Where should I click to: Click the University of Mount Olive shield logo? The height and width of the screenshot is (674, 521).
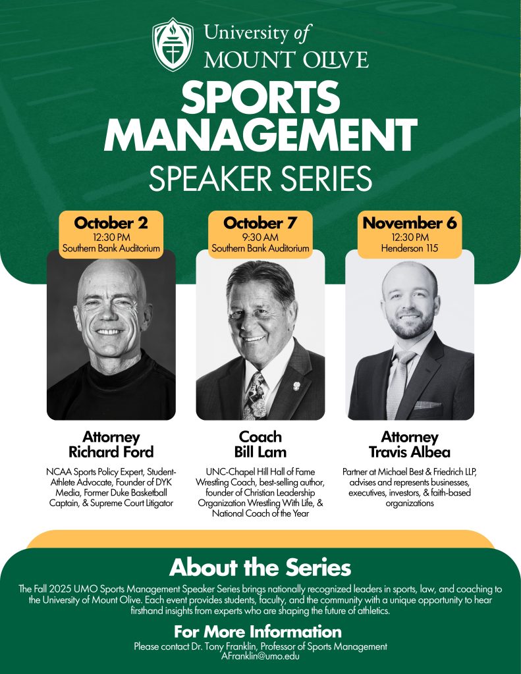pyautogui.click(x=173, y=44)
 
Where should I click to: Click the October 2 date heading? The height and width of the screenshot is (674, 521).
pyautogui.click(x=111, y=222)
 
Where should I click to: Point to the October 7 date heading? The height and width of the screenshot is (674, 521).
pyautogui.click(x=260, y=222)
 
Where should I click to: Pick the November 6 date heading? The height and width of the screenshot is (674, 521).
pyautogui.click(x=410, y=222)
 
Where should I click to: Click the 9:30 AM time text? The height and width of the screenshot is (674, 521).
pyautogui.click(x=260, y=237)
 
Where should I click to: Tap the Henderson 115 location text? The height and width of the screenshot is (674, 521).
pyautogui.click(x=410, y=248)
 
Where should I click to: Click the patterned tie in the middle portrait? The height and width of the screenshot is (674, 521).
pyautogui.click(x=255, y=396)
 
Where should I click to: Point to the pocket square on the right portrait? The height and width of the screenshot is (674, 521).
pyautogui.click(x=427, y=405)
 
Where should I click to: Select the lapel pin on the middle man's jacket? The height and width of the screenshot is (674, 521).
pyautogui.click(x=296, y=386)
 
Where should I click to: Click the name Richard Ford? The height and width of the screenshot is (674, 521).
pyautogui.click(x=111, y=452)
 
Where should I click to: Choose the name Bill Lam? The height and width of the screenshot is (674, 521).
pyautogui.click(x=260, y=452)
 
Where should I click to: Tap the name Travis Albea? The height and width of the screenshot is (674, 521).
pyautogui.click(x=410, y=452)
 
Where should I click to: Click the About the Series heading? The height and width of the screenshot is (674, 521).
pyautogui.click(x=260, y=567)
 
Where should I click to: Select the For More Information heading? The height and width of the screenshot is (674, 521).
pyautogui.click(x=258, y=631)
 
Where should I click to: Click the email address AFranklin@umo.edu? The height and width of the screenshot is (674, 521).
pyautogui.click(x=260, y=656)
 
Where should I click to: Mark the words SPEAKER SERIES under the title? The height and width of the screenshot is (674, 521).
pyautogui.click(x=260, y=178)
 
